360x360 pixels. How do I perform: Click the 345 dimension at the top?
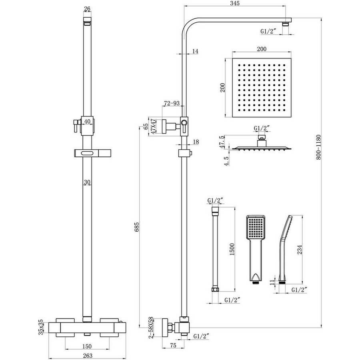[234, 3]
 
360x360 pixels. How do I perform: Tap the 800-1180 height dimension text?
[318, 147]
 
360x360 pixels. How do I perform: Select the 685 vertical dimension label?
[137, 227]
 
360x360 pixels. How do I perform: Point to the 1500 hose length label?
[232, 250]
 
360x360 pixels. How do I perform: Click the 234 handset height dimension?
[300, 250]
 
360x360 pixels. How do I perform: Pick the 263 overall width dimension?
[88, 356]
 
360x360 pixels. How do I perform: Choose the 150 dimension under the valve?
[87, 346]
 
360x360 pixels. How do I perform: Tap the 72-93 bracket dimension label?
[172, 103]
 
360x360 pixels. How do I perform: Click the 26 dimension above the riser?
[87, 9]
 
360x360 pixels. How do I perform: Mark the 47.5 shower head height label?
[221, 142]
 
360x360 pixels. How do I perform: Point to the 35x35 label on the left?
[41, 327]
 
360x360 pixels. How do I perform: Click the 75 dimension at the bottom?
[173, 345]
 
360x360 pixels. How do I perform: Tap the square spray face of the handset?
[256, 228]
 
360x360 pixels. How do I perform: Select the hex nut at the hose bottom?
[215, 289]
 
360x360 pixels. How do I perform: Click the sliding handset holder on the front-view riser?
[93, 153]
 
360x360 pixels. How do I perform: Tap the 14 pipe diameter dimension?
[195, 51]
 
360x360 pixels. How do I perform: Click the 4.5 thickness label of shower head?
[226, 161]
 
